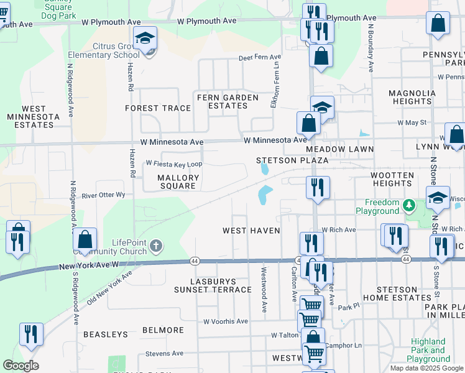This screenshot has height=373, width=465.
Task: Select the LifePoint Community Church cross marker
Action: pos(155,247)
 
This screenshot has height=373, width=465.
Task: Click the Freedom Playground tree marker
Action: pos(408,205)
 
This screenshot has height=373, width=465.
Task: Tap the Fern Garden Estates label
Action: pos(228,101)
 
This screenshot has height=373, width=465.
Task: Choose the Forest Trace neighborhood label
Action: pos(158,108)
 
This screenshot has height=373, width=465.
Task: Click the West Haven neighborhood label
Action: pos(251,231)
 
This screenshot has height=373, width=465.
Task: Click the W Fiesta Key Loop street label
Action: pos(173,163)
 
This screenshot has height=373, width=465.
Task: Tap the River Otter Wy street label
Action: pos(103,195)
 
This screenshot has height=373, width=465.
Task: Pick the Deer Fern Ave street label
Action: pos(260,58)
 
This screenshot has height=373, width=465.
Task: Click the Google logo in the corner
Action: pos(21,366)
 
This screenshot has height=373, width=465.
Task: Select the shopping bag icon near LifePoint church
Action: pos(85,239)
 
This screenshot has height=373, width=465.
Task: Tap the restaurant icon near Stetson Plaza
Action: pos(318,187)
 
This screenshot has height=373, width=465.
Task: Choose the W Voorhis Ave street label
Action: pos(225,321)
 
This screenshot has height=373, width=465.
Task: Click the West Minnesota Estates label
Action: pos(32,117)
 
